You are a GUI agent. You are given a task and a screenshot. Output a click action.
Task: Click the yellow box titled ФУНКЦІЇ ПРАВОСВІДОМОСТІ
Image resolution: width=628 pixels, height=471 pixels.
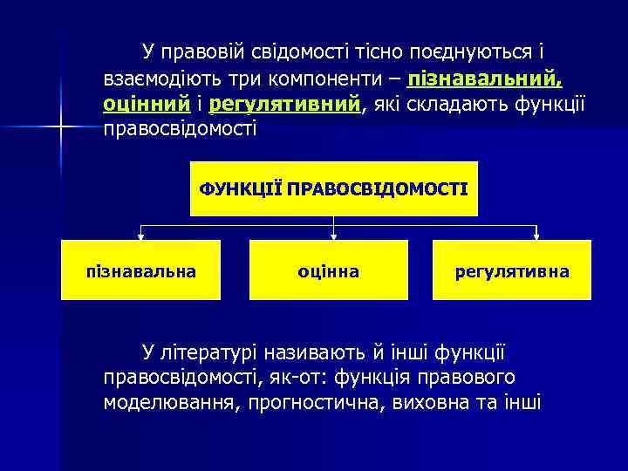[334, 188]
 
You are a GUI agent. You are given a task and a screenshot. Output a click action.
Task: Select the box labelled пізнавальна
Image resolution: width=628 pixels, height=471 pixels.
[140, 270]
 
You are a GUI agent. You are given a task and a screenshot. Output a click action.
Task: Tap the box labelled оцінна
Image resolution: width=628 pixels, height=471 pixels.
[328, 270]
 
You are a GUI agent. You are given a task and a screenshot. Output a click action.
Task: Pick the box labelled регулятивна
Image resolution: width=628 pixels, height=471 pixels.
[512, 270]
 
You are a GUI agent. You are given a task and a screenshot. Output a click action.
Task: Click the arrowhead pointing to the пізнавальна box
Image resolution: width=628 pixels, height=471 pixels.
[140, 235]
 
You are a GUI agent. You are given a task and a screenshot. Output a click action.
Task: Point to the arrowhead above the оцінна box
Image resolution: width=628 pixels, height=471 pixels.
[334, 235]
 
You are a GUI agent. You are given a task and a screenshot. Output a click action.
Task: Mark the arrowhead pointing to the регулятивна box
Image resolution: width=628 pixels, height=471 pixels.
[537, 235]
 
